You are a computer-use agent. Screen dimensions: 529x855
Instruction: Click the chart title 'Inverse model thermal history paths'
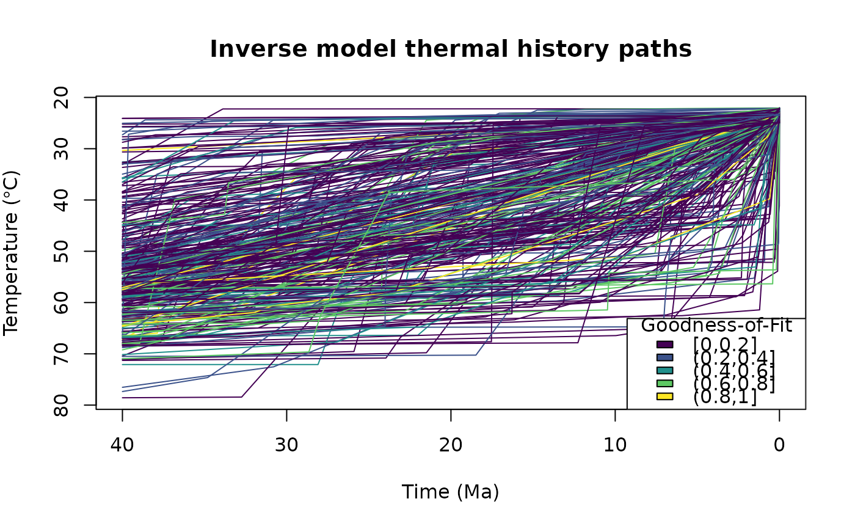coord(451,49)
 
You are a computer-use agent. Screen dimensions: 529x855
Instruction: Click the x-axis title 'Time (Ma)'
coord(451,492)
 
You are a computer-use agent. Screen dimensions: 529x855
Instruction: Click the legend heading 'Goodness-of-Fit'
coord(716,326)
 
